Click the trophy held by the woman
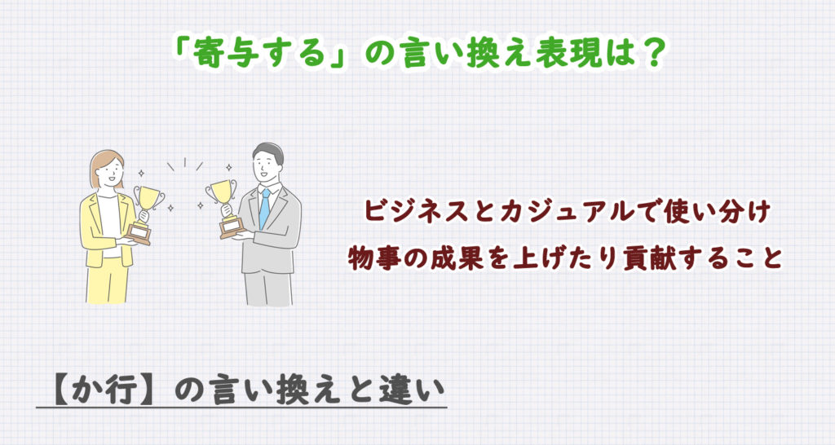[148, 207]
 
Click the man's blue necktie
[264, 208]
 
